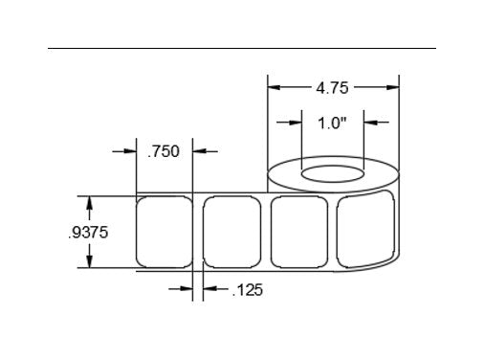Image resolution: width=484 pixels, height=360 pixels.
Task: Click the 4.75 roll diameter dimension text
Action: pos(332,88)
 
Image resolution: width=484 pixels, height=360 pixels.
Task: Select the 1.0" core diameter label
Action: pos(332,123)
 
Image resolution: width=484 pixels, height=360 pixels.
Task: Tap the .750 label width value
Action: pos(164,151)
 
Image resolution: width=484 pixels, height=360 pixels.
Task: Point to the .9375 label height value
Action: pos(88,233)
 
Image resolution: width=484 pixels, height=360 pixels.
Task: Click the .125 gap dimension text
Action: pos(248,290)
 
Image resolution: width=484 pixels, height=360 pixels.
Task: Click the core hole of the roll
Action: pos(333,174)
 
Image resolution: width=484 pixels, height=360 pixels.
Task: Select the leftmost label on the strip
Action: pos(165,232)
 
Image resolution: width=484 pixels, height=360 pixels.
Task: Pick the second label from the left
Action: pos(232,232)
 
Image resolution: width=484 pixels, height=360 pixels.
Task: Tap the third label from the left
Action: pos(299,232)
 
